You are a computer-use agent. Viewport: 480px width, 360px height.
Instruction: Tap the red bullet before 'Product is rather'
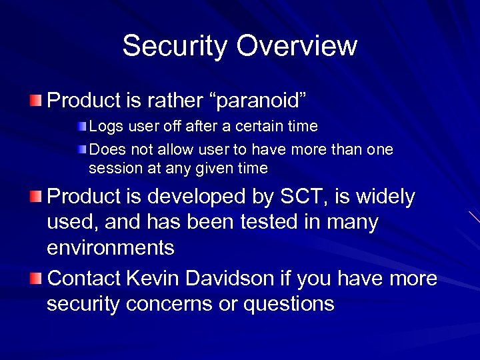click(x=35, y=101)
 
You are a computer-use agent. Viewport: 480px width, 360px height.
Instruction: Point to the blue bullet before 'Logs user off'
click(x=81, y=126)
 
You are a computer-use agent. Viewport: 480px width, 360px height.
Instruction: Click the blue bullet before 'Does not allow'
click(x=81, y=149)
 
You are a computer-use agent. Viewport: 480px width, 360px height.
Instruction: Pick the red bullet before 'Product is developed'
click(x=35, y=197)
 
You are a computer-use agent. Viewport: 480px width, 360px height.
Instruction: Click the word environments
click(x=111, y=248)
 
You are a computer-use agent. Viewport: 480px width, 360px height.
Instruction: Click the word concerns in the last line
click(x=175, y=303)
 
